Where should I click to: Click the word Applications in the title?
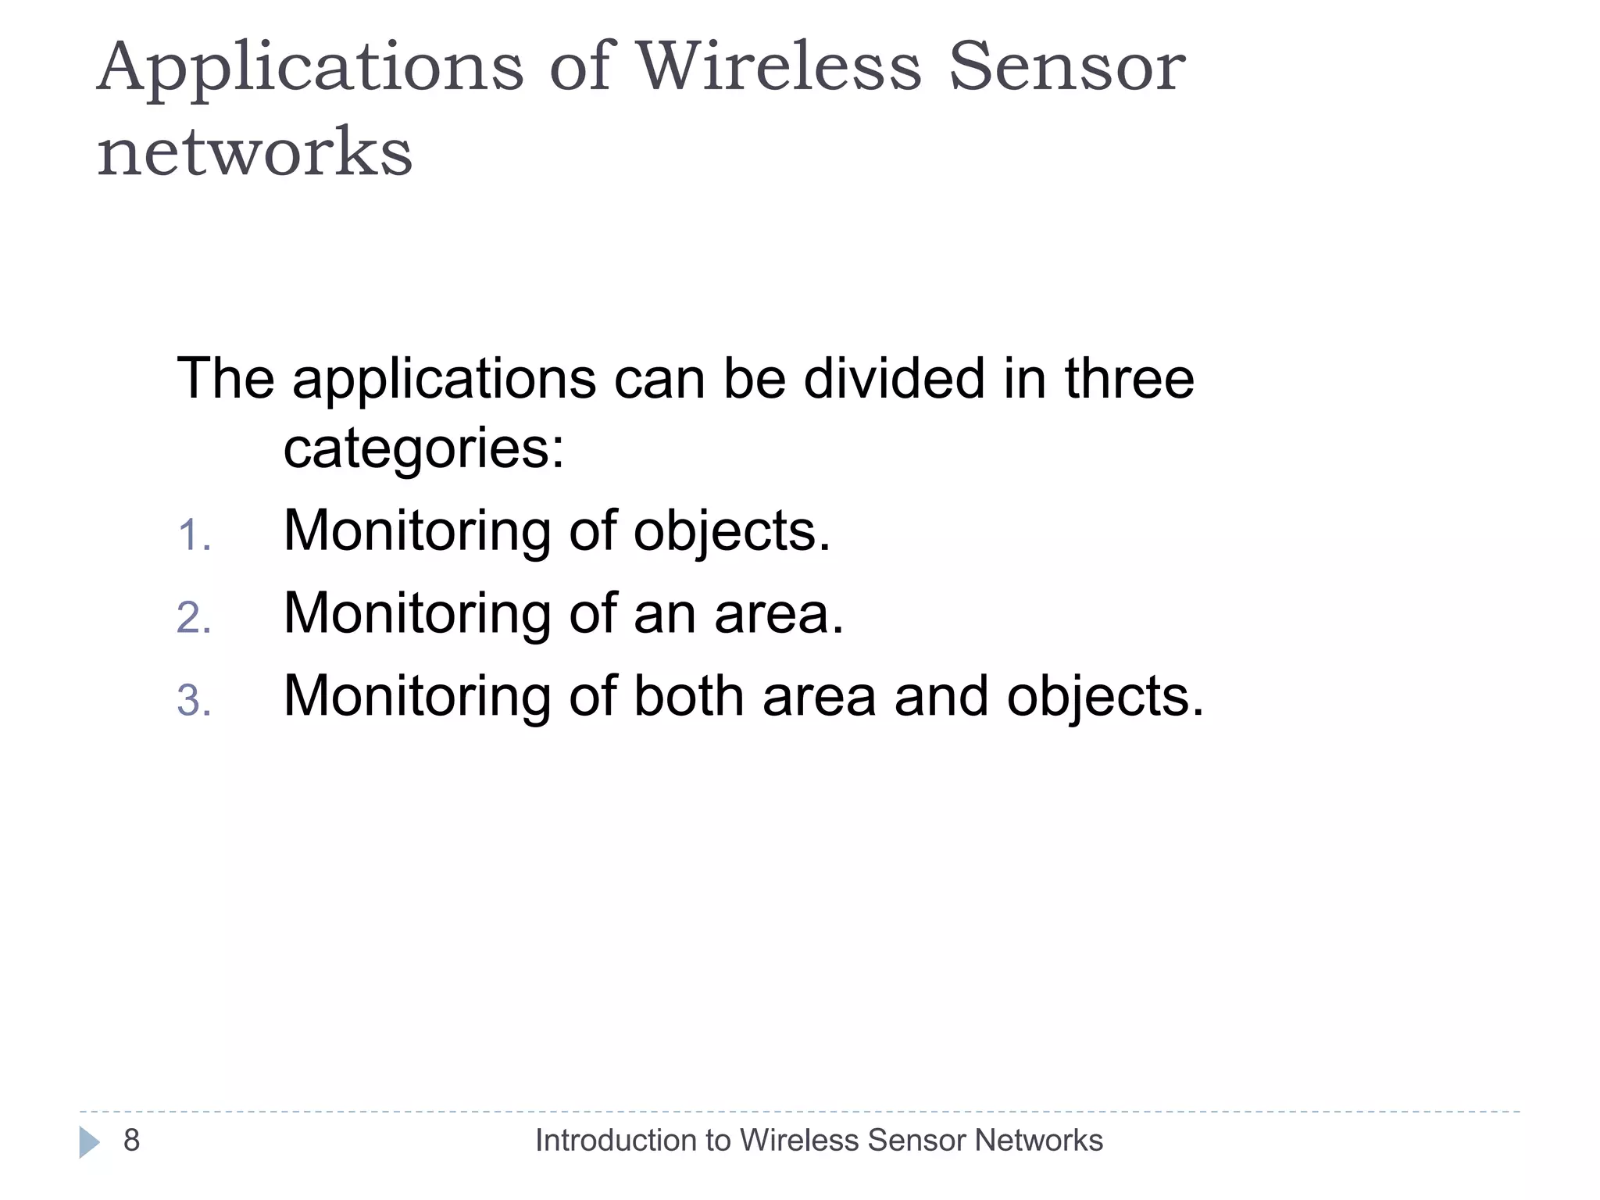pyautogui.click(x=310, y=69)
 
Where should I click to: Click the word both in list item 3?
pyautogui.click(x=687, y=696)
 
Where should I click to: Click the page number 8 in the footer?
pyautogui.click(x=131, y=1141)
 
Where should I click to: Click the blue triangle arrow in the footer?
pyautogui.click(x=89, y=1142)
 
